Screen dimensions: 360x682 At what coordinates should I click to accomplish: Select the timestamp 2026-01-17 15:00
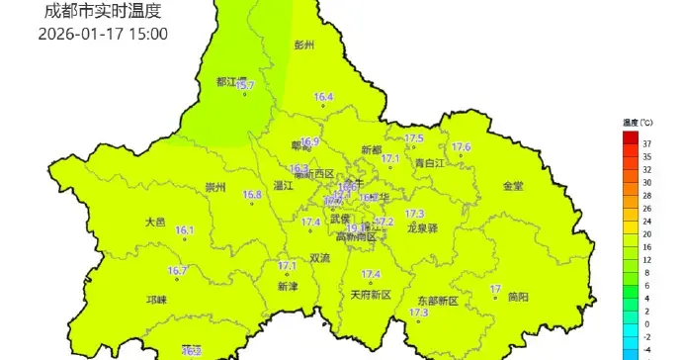click(103, 34)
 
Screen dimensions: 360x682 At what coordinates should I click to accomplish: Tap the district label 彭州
click(303, 45)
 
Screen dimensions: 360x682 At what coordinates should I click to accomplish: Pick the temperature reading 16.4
click(323, 97)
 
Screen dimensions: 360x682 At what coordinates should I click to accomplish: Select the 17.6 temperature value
click(461, 147)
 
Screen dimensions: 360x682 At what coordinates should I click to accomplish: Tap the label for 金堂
click(513, 186)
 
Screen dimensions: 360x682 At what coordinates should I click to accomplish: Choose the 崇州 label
click(215, 187)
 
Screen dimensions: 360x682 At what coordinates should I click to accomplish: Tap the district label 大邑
click(155, 222)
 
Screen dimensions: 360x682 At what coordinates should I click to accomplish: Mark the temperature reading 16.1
click(185, 231)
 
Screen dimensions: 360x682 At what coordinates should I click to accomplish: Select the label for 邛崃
click(156, 299)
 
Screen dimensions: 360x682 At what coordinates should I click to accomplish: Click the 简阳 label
click(518, 297)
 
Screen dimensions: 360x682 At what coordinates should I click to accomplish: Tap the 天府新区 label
click(372, 295)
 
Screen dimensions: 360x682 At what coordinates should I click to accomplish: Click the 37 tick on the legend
click(646, 144)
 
